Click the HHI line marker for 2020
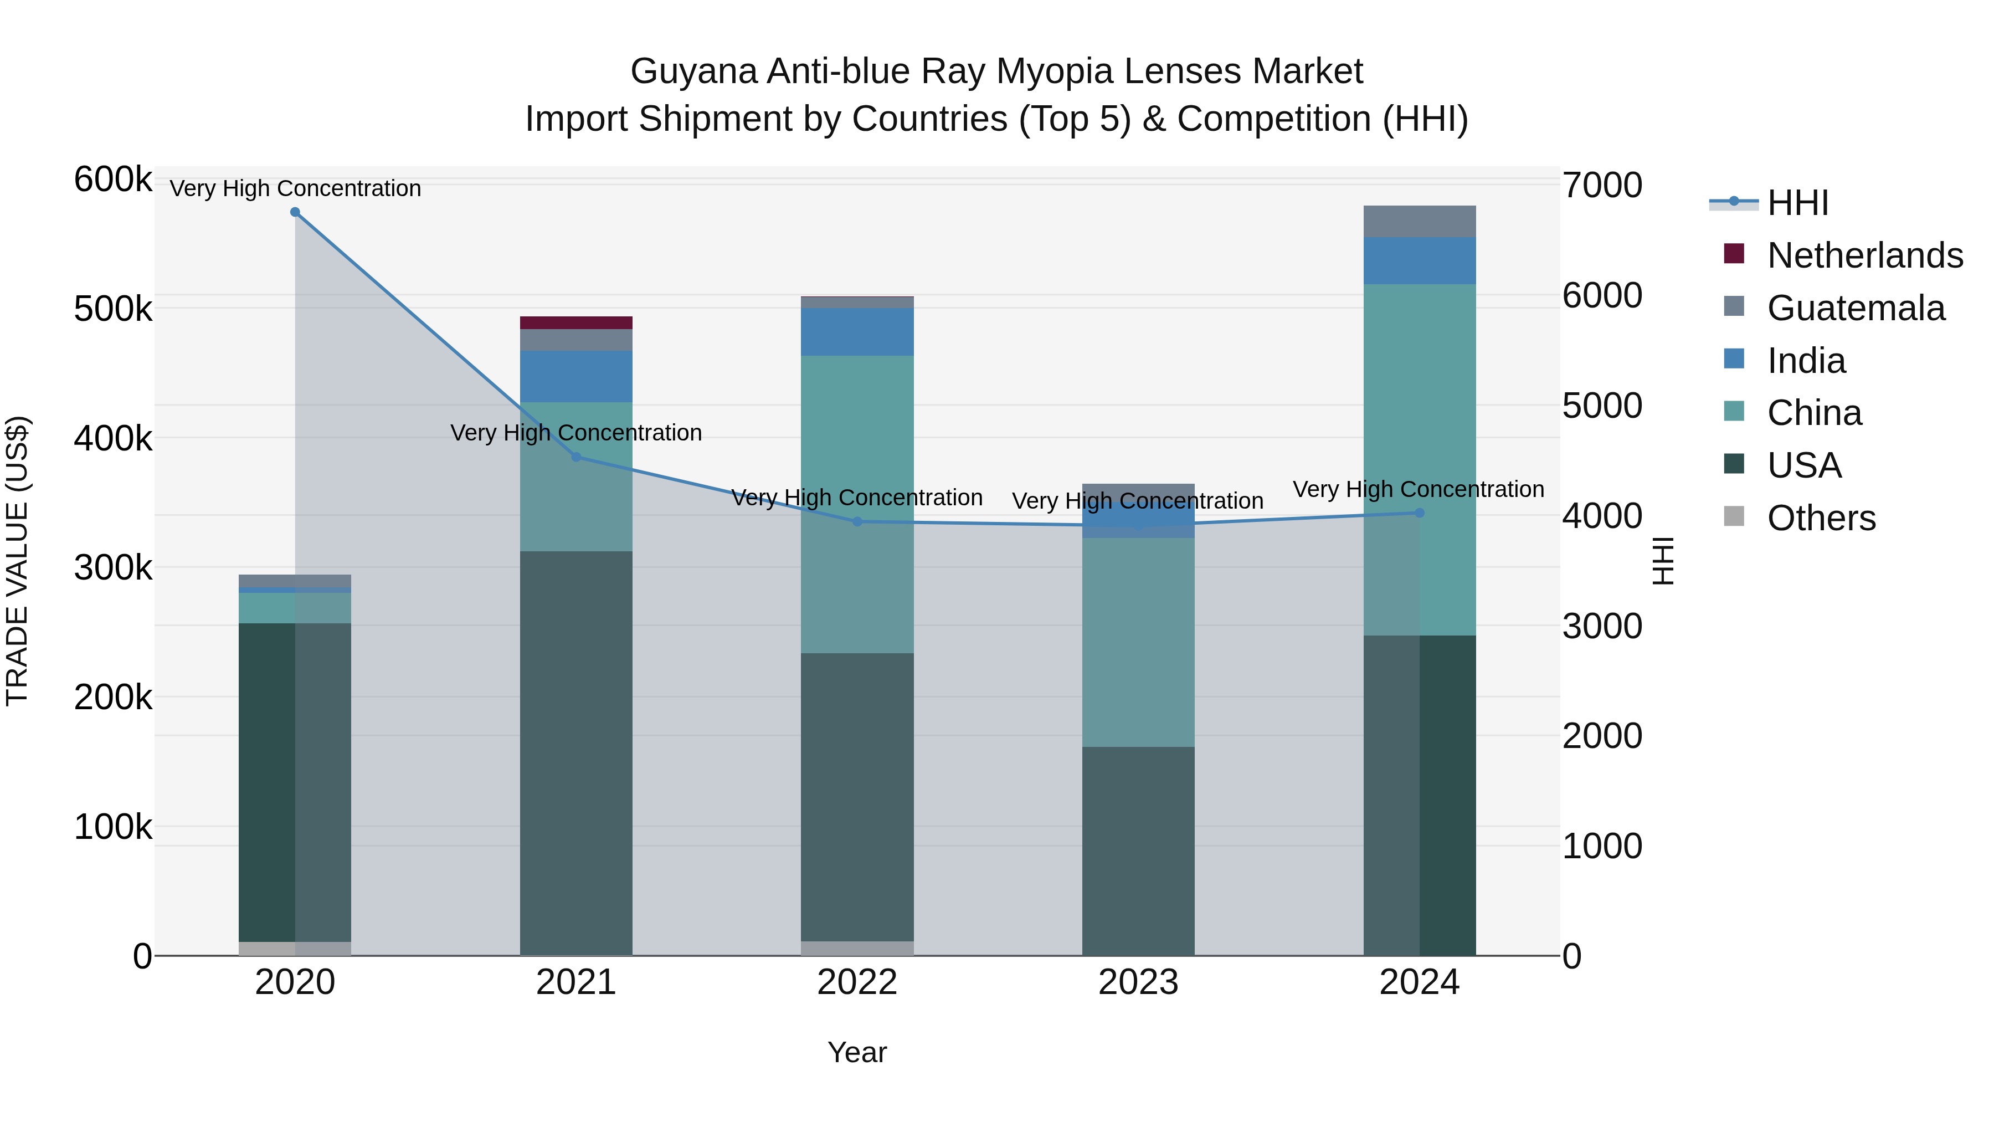point(295,212)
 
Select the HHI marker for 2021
point(576,458)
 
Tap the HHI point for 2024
point(1419,513)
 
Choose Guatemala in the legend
point(1856,308)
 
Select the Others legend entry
point(1821,518)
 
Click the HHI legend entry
point(1797,203)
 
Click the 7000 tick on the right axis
point(1601,186)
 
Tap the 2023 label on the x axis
point(1138,982)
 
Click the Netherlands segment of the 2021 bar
point(576,323)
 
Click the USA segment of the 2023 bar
point(1138,851)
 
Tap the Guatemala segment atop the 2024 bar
point(1419,222)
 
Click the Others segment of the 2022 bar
point(857,949)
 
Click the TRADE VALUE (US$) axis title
point(17,561)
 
